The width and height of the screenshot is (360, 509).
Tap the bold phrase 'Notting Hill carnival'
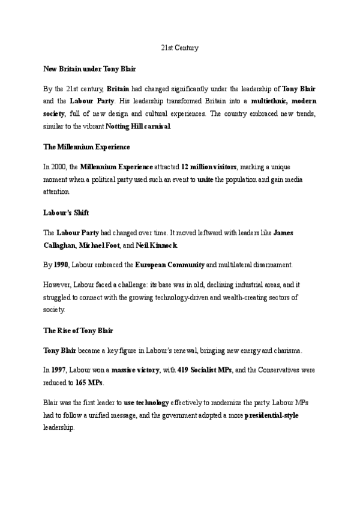pos(139,127)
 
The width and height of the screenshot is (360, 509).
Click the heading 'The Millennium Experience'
pos(86,146)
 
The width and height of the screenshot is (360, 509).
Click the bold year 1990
pos(62,265)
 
